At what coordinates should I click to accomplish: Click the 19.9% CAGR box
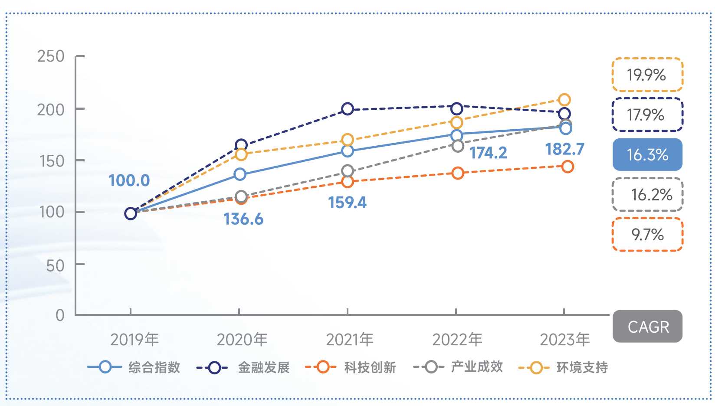pyautogui.click(x=647, y=75)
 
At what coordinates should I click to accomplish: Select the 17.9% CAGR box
pyautogui.click(x=647, y=115)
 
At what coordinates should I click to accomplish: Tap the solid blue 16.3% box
pyautogui.click(x=647, y=154)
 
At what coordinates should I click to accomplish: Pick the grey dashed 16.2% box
pyautogui.click(x=647, y=195)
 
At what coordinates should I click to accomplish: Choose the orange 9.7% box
pyautogui.click(x=647, y=235)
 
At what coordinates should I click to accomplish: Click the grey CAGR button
pyautogui.click(x=647, y=326)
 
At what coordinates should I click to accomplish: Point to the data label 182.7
pyautogui.click(x=564, y=149)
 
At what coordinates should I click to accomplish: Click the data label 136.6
pyautogui.click(x=243, y=219)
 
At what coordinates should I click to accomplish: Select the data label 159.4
pyautogui.click(x=347, y=203)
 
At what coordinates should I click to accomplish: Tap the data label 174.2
pyautogui.click(x=488, y=153)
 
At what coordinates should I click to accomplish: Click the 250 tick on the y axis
pyautogui.click(x=51, y=56)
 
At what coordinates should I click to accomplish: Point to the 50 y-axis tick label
pyautogui.click(x=55, y=265)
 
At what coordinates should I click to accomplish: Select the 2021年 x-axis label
pyautogui.click(x=350, y=340)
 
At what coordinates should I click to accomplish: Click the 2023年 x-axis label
pyautogui.click(x=564, y=340)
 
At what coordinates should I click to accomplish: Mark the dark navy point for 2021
pyautogui.click(x=347, y=109)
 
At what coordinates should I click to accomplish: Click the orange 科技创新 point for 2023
pyautogui.click(x=567, y=167)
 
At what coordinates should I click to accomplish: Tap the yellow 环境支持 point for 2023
pyautogui.click(x=564, y=100)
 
